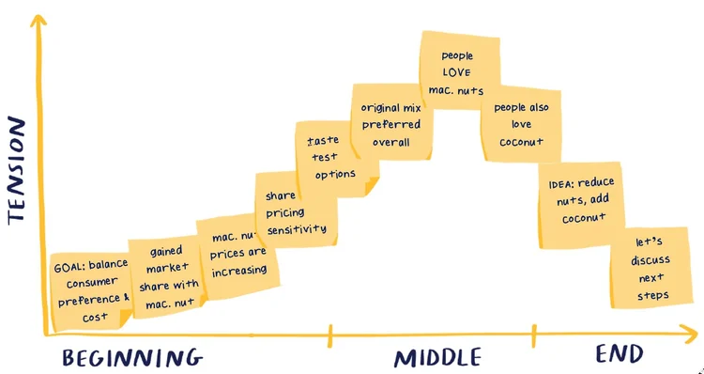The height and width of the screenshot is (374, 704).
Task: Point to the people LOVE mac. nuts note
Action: (x=455, y=71)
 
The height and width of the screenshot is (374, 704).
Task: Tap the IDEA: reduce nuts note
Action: (x=576, y=201)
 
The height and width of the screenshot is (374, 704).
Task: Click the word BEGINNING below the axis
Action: (x=132, y=357)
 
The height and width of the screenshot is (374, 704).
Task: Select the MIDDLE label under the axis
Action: (x=437, y=357)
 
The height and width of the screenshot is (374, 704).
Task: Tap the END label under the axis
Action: (x=620, y=354)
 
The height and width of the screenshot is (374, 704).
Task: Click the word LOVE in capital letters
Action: (x=456, y=72)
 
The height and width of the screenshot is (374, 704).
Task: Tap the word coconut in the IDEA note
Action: (x=583, y=218)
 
